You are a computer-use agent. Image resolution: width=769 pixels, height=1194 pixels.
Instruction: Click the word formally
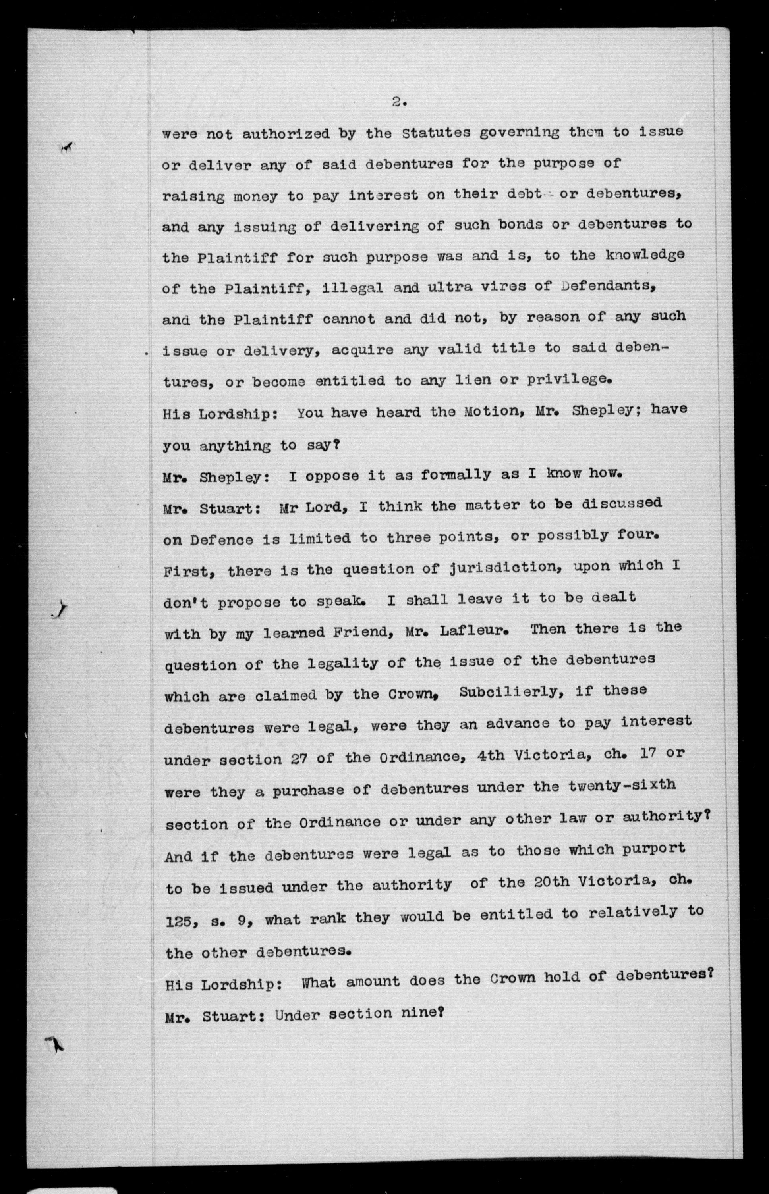[456, 474]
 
